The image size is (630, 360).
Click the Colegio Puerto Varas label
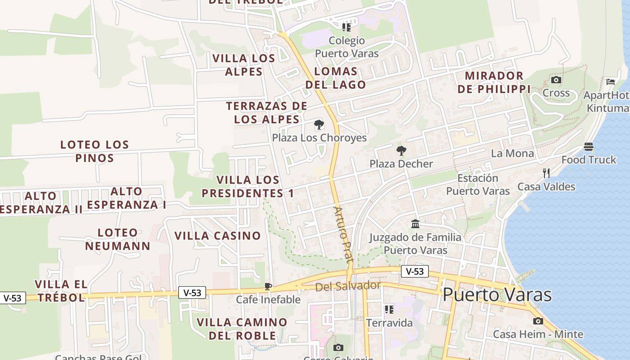[346, 47]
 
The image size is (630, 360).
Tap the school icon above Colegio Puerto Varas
[346, 27]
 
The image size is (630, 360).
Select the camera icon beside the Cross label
[556, 80]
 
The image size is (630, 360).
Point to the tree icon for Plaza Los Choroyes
[319, 125]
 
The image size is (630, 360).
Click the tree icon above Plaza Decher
[401, 151]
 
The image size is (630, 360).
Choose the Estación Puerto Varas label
[478, 184]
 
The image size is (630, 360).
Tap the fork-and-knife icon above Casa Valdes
[546, 173]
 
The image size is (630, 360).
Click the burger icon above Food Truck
[589, 147]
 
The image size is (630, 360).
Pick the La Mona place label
[512, 153]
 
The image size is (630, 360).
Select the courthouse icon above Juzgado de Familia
[415, 224]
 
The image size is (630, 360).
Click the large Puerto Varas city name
[497, 295]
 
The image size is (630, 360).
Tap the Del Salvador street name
[348, 286]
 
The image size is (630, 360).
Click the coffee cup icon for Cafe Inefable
[268, 286]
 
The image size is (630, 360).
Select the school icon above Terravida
[389, 310]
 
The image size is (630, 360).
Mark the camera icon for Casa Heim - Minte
[538, 321]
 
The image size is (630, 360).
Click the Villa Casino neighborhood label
[217, 235]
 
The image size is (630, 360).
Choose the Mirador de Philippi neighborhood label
[494, 82]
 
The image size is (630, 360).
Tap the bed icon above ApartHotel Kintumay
[611, 81]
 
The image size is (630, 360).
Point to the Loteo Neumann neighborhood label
[117, 239]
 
